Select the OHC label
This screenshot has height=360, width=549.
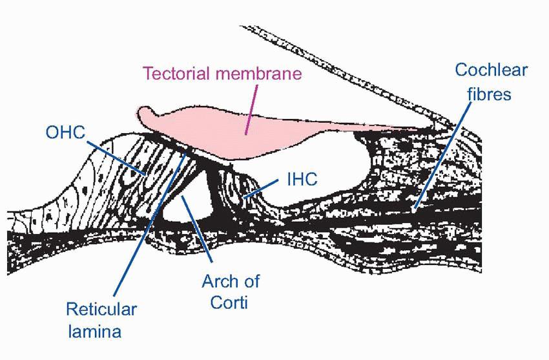66,133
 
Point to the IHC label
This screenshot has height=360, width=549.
302,179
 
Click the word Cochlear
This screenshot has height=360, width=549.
491,70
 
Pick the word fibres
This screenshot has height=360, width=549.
490,94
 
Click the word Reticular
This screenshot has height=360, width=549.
101,309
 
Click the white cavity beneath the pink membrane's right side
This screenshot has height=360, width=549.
336,162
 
